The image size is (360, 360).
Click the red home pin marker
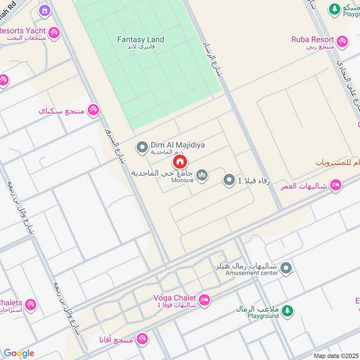(180, 162)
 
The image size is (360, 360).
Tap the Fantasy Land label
(141, 40)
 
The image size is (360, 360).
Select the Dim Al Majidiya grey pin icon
(142, 147)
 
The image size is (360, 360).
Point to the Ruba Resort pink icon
(342, 41)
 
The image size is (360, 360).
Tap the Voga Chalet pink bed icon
(204, 300)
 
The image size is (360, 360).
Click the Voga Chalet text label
(175, 298)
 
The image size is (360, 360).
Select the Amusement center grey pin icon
(286, 269)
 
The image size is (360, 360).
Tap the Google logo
(18, 353)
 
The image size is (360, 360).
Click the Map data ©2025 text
(335, 355)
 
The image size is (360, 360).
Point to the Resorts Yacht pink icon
(54, 33)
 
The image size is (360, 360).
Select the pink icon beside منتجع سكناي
(93, 109)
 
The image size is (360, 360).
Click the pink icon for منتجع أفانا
(142, 338)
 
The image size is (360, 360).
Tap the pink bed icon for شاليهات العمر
(335, 185)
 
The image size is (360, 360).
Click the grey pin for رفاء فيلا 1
(229, 180)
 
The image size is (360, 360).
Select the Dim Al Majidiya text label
(178, 145)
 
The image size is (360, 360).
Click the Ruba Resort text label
(312, 40)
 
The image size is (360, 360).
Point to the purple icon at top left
(44, 10)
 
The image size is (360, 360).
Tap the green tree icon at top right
(334, 8)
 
